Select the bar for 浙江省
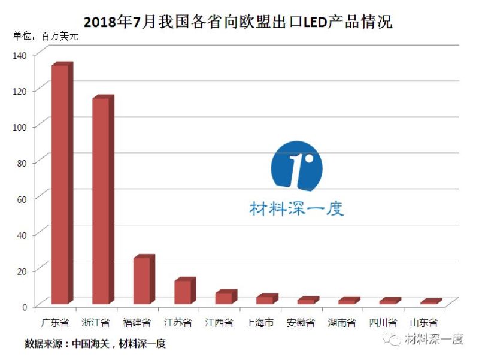pyautogui.click(x=101, y=201)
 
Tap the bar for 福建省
pyautogui.click(x=142, y=280)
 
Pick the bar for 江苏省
pyautogui.click(x=183, y=292)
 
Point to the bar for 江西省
pyautogui.click(x=223, y=298)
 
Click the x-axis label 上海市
pyautogui.click(x=260, y=323)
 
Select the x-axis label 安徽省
pyautogui.click(x=301, y=323)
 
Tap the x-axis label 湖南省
pyautogui.click(x=342, y=323)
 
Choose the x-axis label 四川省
pyautogui.click(x=383, y=323)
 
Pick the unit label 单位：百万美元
pyautogui.click(x=46, y=37)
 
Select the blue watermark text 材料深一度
pyautogui.click(x=296, y=208)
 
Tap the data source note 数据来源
pyautogui.click(x=95, y=344)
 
